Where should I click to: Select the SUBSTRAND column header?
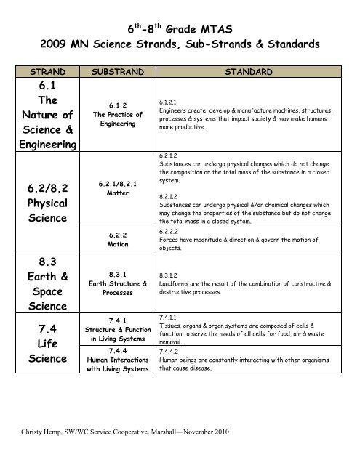(119, 73)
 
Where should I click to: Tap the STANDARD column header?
(249, 73)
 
